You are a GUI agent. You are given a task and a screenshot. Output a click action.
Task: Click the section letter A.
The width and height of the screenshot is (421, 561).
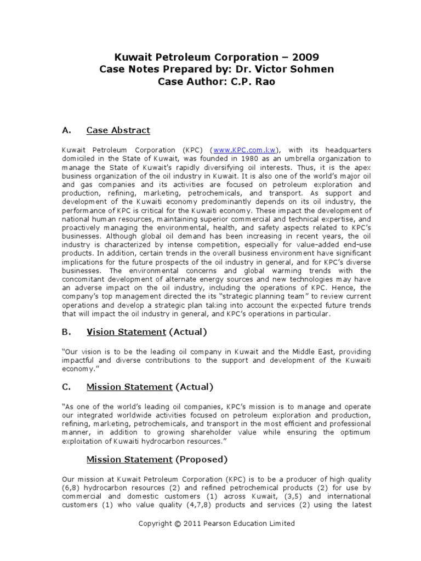[67, 130]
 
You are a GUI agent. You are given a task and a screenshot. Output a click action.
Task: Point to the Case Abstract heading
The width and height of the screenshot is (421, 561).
[118, 130]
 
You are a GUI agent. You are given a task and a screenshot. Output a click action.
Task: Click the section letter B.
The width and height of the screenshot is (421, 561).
[67, 332]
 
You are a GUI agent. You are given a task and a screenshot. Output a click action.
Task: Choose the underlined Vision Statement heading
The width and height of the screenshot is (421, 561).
[126, 332]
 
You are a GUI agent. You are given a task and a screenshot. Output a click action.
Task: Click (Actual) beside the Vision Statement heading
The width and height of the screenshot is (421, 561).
[188, 332]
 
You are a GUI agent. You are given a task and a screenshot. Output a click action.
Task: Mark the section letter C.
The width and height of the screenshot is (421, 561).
[67, 387]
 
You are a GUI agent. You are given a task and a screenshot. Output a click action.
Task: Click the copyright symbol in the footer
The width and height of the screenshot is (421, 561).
[178, 523]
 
